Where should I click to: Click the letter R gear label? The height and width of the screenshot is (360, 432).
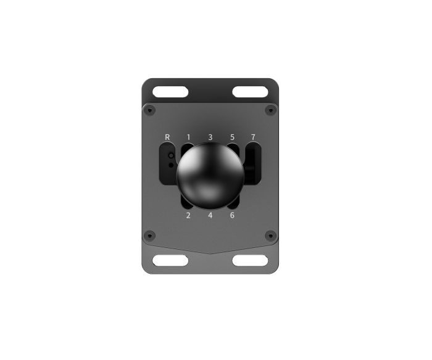[x=167, y=137]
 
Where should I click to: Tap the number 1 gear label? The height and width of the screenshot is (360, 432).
[x=188, y=137]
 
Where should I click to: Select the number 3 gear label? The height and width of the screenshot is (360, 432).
[x=210, y=137]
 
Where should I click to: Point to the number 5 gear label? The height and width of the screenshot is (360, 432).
[x=232, y=137]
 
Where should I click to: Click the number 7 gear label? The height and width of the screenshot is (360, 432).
[x=253, y=137]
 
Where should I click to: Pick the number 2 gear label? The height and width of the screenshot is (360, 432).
[x=188, y=215]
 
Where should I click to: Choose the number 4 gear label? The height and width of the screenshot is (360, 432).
[x=210, y=215]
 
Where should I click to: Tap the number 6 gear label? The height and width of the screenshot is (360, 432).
[x=232, y=215]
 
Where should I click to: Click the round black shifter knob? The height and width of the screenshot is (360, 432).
[x=210, y=176]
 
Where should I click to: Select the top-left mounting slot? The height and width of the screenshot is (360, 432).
[x=170, y=92]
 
